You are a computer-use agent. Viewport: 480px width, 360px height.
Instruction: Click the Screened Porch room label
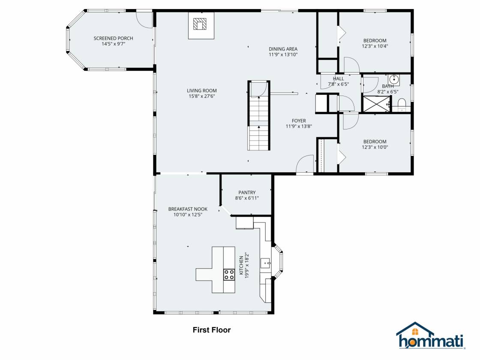113,38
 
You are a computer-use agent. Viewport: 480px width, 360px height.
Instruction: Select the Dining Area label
283,49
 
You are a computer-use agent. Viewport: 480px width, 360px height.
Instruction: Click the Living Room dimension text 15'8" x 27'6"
202,96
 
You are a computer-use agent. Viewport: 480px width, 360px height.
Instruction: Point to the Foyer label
298,120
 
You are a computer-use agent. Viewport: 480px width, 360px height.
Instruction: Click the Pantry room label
247,192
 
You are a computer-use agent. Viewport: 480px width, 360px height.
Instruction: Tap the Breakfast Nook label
188,209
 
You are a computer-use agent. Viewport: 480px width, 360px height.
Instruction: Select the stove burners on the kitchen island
229,274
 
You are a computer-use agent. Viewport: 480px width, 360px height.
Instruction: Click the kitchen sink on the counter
265,263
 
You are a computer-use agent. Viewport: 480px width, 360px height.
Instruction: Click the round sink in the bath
394,79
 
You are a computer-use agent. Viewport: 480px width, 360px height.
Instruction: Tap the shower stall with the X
376,103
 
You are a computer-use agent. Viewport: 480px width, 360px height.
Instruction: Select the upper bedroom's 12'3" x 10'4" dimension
375,46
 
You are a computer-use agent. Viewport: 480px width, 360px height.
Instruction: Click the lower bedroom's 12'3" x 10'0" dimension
375,147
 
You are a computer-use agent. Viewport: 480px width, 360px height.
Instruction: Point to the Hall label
338,79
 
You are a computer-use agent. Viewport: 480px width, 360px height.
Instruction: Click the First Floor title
212,330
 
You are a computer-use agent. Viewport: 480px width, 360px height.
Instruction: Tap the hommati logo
431,336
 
